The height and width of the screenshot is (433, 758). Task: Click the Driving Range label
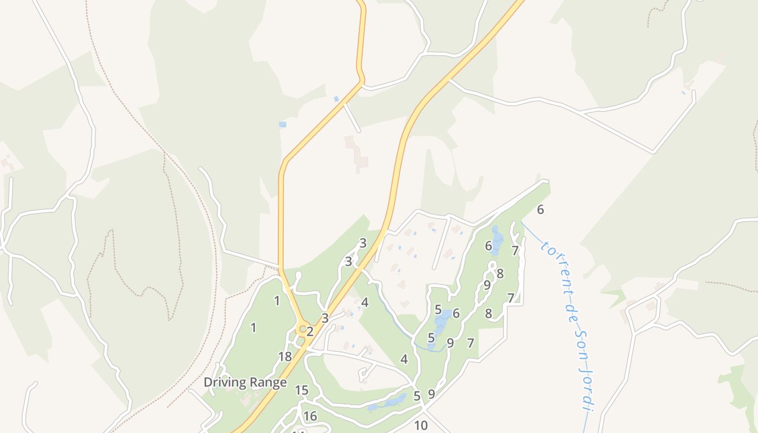[245, 383]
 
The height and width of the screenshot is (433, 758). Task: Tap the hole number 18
[285, 357]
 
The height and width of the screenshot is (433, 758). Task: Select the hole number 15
[302, 390]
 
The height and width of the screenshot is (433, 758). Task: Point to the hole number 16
[310, 416]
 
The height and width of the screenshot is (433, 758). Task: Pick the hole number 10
[421, 425]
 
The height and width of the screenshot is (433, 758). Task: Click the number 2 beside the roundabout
[310, 332]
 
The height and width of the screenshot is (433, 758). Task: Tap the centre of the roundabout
[303, 329]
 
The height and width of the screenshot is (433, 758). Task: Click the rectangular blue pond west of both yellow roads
[282, 124]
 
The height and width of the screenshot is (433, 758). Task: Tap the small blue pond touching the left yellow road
[336, 99]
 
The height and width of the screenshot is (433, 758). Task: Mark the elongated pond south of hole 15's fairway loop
[388, 403]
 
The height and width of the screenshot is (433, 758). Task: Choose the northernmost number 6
[540, 209]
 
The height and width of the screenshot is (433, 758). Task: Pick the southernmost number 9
[432, 394]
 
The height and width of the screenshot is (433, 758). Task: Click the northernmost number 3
[363, 243]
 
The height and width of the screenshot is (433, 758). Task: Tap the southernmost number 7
[471, 343]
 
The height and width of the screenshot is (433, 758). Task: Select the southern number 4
[404, 359]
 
